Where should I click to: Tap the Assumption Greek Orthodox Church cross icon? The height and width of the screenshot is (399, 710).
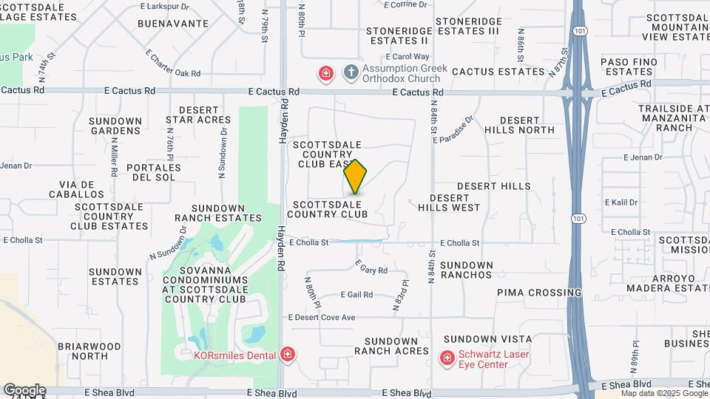point(351,73)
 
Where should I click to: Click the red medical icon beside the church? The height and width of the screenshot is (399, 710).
point(325,73)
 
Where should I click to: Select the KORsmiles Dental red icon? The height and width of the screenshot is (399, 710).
point(288,355)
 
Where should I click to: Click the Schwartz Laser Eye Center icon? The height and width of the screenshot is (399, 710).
point(447,359)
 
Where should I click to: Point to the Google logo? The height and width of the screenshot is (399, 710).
point(24,390)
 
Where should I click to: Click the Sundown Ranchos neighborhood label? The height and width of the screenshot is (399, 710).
point(466,270)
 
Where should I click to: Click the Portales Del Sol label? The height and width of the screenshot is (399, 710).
point(154,172)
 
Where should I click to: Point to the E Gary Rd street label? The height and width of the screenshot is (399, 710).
point(371,267)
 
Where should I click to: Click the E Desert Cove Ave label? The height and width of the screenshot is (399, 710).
point(322,317)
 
